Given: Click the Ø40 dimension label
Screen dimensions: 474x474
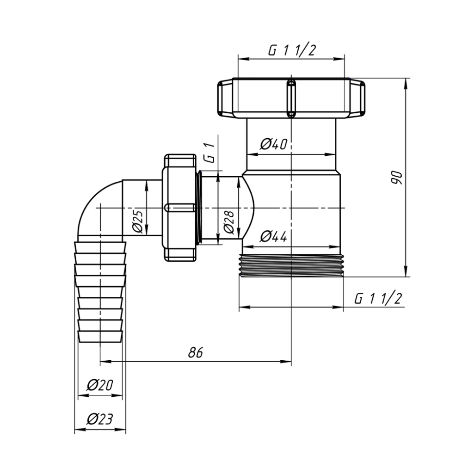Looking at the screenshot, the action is tap(274, 144).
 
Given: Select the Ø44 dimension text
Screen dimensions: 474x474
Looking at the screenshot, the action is tap(274, 236).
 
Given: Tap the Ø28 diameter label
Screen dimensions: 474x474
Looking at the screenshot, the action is tap(229, 222).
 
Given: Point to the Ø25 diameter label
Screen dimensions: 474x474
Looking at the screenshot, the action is tap(137, 222).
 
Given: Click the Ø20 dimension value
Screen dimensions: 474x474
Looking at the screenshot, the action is tap(100, 385).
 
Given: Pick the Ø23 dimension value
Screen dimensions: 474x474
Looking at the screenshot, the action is tap(100, 419).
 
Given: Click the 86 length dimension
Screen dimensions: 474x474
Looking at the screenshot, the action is tap(195, 352).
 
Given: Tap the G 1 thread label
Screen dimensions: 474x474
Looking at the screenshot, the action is tap(210, 154).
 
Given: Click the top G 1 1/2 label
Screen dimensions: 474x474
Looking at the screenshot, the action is tap(292, 50).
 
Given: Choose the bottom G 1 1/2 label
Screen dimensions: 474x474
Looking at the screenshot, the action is tap(378, 299).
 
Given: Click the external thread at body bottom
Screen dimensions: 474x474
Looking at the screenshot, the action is tap(291, 265).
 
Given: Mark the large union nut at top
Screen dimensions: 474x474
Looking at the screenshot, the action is tap(291, 98).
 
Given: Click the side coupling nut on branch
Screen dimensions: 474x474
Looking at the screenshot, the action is tap(180, 208).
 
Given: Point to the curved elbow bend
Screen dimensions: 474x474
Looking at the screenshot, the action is tap(99, 208).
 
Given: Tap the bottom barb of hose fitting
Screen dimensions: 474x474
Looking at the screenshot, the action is tap(101, 337).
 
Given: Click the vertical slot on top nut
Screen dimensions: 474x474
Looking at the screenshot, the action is tap(291, 98).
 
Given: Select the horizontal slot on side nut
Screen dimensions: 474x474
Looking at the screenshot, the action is tap(179, 208).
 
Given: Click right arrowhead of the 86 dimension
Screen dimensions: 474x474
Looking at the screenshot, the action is tap(287, 361).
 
